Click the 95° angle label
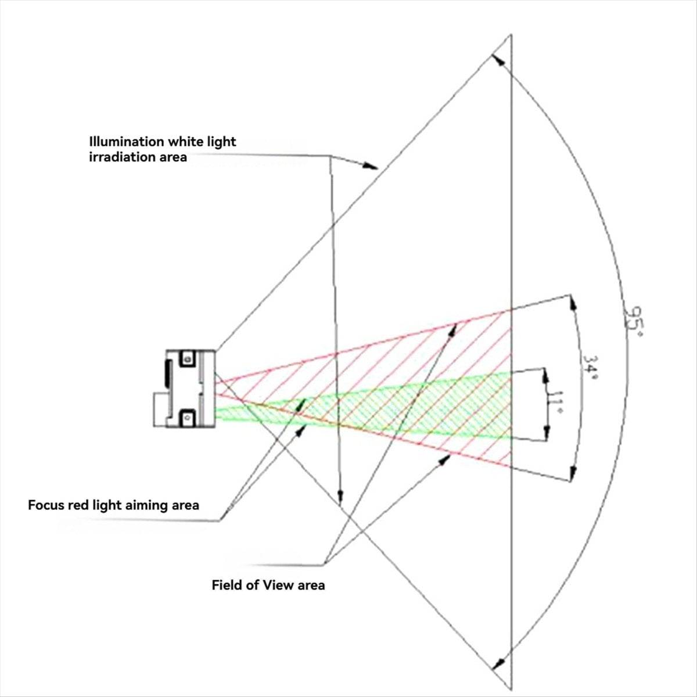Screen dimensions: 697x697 point(635,321)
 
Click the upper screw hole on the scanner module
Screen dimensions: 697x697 point(187,359)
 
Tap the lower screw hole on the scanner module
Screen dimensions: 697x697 point(187,418)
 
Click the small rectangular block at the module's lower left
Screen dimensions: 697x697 point(160,410)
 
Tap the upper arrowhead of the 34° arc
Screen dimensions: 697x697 point(573,303)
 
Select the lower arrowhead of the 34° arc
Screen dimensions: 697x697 point(573,473)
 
